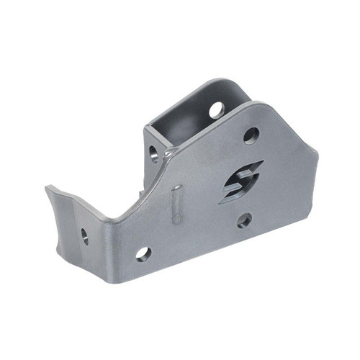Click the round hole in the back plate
coord(217,109)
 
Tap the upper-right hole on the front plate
coord(251,135)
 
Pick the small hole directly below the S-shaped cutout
coord(245,220)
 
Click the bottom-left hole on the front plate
coord(143,253)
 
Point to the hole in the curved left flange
coord(85,235)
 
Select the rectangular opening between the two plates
coord(173,133)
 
